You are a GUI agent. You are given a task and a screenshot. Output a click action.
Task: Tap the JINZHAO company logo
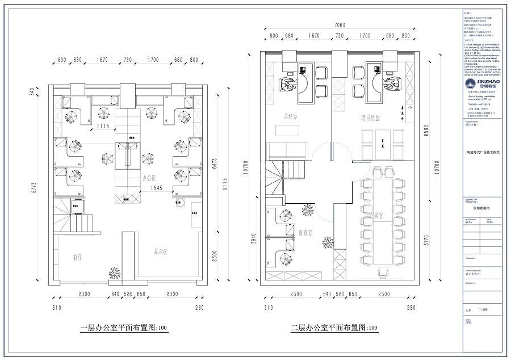(480, 85)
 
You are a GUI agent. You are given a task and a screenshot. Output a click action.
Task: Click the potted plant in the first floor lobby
(114, 274)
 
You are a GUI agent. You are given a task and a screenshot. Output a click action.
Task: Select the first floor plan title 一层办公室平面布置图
(124, 328)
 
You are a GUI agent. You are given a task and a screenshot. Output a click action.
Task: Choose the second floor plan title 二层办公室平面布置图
(334, 328)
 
